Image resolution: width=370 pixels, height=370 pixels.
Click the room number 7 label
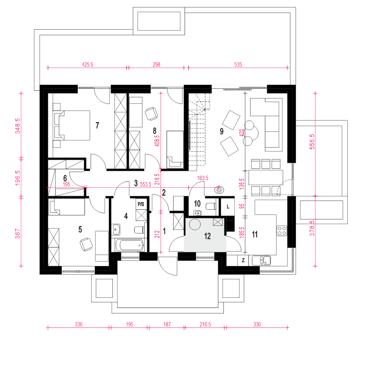[97, 125]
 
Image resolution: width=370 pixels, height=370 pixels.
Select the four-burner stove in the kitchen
[282, 231]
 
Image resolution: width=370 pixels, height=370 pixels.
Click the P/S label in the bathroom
[141, 204]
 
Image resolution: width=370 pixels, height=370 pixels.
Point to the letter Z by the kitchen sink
[243, 260]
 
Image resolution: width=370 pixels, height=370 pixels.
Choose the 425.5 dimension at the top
[88, 64]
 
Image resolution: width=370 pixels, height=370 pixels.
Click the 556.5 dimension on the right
[312, 142]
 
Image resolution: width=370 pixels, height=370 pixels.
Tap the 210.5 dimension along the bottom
[205, 324]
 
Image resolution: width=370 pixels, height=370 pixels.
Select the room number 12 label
[208, 236]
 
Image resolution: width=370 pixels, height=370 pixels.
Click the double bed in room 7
[72, 125]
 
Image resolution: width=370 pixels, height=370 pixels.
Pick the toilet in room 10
[211, 207]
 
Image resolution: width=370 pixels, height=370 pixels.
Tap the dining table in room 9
[266, 178]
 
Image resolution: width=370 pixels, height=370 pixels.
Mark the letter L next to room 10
[228, 207]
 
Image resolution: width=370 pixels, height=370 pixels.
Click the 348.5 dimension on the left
[18, 126]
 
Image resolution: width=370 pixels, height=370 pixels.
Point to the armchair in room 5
[86, 245]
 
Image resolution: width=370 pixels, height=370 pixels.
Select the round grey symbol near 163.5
[219, 189]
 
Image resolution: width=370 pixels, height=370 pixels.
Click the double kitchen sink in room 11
[262, 260]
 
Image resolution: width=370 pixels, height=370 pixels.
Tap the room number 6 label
[65, 178]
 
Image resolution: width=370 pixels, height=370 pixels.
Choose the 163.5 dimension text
[203, 178]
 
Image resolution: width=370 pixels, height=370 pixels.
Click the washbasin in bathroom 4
[115, 229]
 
